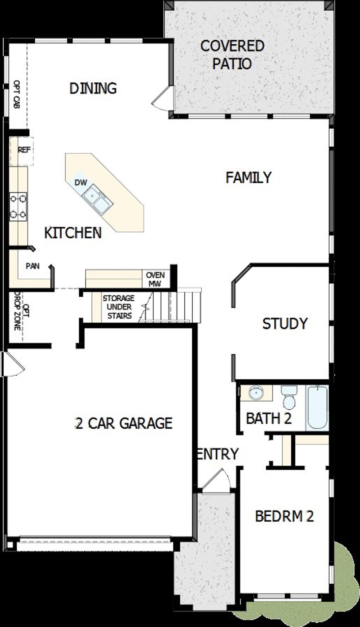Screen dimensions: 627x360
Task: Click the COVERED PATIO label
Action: (232, 55)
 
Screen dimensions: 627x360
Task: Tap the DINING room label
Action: (93, 88)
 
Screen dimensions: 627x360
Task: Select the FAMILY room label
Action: (248, 178)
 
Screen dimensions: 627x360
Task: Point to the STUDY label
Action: (285, 324)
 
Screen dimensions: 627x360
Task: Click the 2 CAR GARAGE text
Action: (124, 423)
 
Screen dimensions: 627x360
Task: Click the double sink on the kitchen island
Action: (98, 199)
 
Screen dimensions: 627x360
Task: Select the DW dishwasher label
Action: (81, 183)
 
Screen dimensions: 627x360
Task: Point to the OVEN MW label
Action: (156, 279)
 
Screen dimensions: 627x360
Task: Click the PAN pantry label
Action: (33, 266)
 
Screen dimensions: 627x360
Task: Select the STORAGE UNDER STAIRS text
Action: (119, 307)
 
